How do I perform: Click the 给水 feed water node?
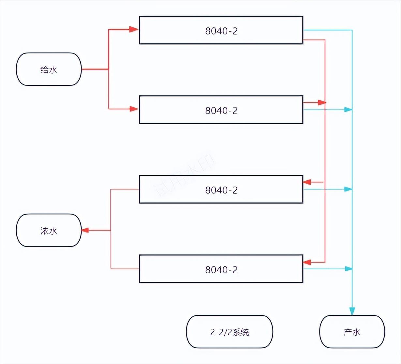pyautogui.click(x=49, y=69)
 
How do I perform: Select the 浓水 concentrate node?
pyautogui.click(x=49, y=231)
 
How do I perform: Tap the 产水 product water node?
pyautogui.click(x=352, y=332)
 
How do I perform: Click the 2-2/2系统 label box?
pyautogui.click(x=230, y=332)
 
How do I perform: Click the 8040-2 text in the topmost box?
pyautogui.click(x=221, y=31)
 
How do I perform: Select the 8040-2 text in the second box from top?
pyautogui.click(x=221, y=110)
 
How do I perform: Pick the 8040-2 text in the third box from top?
pyautogui.click(x=221, y=190)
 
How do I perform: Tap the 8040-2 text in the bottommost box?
pyautogui.click(x=221, y=269)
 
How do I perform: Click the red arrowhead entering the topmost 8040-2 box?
pyautogui.click(x=134, y=29)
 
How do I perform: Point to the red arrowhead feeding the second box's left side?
pyautogui.click(x=134, y=109)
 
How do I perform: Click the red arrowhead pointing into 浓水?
pyautogui.click(x=85, y=230)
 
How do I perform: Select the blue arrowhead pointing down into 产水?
pyautogui.click(x=352, y=311)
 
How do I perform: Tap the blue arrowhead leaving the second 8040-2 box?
pyautogui.click(x=348, y=110)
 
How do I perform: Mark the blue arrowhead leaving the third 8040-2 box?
pyautogui.click(x=348, y=189)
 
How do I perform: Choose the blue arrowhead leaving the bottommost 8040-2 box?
pyautogui.click(x=348, y=269)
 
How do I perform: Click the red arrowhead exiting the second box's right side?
pyautogui.click(x=322, y=102)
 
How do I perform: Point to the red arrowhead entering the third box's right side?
pyautogui.click(x=307, y=182)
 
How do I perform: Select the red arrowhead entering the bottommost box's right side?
pyautogui.click(x=307, y=262)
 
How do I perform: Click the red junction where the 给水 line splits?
pyautogui.click(x=109, y=69)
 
